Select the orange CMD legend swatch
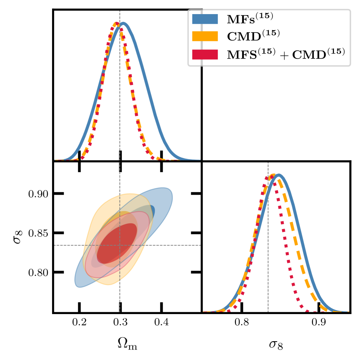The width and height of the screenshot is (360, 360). coord(205,36)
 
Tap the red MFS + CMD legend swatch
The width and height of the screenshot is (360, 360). coord(205,54)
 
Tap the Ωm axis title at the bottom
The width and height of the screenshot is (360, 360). coord(127,344)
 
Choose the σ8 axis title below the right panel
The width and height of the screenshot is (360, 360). coord(276,344)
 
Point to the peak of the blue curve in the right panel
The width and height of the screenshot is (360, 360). coord(278,175)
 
